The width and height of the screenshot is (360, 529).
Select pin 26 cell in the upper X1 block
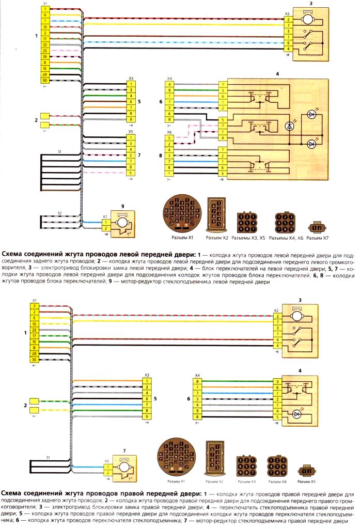[45, 56]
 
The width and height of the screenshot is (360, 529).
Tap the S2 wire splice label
[59, 213]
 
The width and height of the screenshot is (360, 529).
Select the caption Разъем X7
[318, 238]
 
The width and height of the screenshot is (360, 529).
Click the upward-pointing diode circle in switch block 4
[289, 126]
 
